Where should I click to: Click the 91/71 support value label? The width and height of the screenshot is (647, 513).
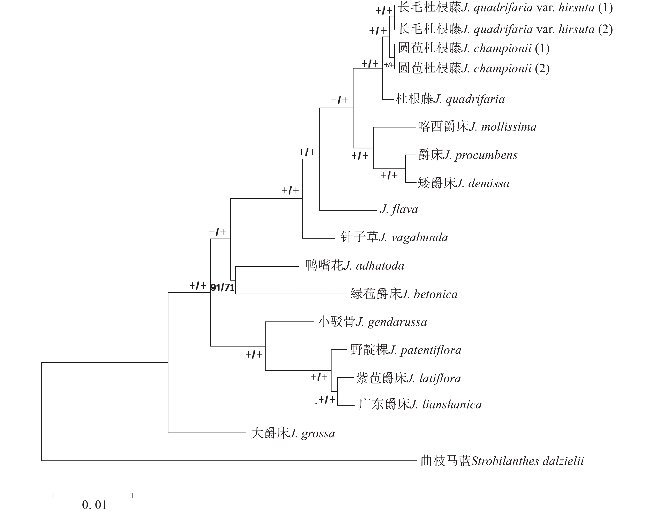tap(222, 287)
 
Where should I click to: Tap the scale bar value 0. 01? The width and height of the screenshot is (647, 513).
tap(94, 505)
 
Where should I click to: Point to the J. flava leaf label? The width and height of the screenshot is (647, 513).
tap(399, 209)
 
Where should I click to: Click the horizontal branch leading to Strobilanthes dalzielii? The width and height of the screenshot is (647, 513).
tap(228, 460)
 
